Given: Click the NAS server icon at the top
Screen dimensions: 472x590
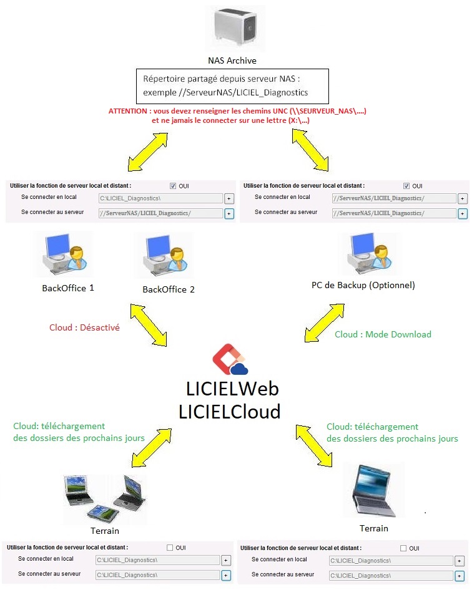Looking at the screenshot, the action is coord(235,27).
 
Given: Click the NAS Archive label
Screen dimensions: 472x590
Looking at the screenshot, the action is coord(232,60).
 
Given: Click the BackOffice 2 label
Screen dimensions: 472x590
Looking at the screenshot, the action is coord(169,289).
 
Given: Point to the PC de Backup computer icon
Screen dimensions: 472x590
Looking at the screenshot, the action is coord(370,253).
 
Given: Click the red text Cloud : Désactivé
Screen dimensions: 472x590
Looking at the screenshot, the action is coord(84,327).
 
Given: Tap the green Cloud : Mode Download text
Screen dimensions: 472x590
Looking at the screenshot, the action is coord(383,334).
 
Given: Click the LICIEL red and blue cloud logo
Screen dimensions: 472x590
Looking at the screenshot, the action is coord(230,359).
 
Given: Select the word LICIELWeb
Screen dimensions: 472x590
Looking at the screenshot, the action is coord(232,389).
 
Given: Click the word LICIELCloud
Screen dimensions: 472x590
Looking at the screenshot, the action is coord(229,411).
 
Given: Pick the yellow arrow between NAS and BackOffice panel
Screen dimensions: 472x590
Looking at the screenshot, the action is coord(148,152).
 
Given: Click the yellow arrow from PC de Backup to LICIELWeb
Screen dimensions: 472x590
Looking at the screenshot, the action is coord(324,323).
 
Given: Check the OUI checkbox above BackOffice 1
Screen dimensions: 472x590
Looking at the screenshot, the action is coord(173,186).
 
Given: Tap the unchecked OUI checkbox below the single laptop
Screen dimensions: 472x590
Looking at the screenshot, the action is coord(403,548).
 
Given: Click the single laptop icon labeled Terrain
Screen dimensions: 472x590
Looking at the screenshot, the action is coord(374,491).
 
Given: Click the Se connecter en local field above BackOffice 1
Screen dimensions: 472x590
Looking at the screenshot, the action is coord(161,198).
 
